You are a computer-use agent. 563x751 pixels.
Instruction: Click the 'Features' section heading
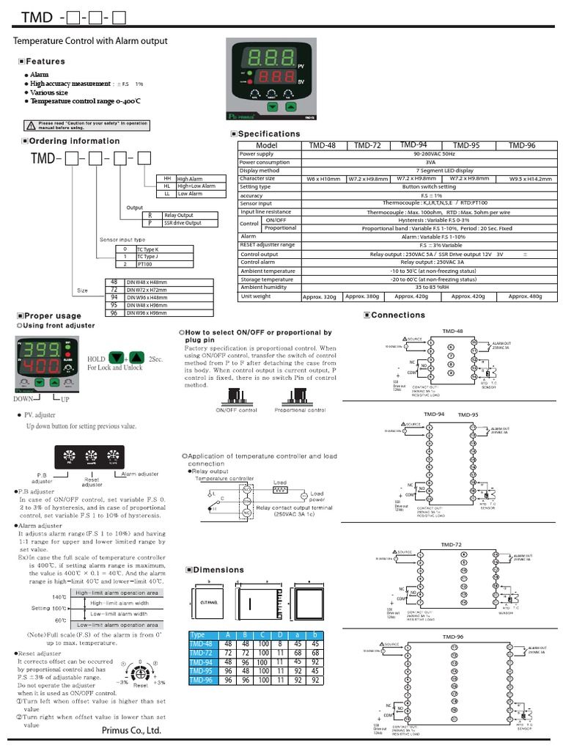coord(45,62)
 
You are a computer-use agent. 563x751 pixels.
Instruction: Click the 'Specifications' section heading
coord(269,134)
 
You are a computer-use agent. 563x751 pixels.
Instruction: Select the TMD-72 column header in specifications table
coord(368,146)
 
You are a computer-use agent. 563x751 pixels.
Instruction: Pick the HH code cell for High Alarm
coord(167,179)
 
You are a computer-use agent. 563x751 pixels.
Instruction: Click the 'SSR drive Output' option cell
coord(183,222)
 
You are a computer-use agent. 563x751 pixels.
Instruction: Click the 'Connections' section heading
coord(398,315)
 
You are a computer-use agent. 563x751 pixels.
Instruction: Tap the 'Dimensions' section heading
coord(218,570)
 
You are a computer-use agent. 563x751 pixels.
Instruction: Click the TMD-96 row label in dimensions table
coord(202,680)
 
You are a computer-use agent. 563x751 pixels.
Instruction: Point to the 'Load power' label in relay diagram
coord(317,497)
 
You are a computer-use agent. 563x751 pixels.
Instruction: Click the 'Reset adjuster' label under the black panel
coord(92,481)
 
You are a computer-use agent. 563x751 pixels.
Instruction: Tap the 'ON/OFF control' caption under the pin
coord(236,411)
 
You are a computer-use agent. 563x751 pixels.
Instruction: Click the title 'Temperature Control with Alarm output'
coord(91,41)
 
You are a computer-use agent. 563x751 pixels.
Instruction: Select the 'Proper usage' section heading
coord(53,315)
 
